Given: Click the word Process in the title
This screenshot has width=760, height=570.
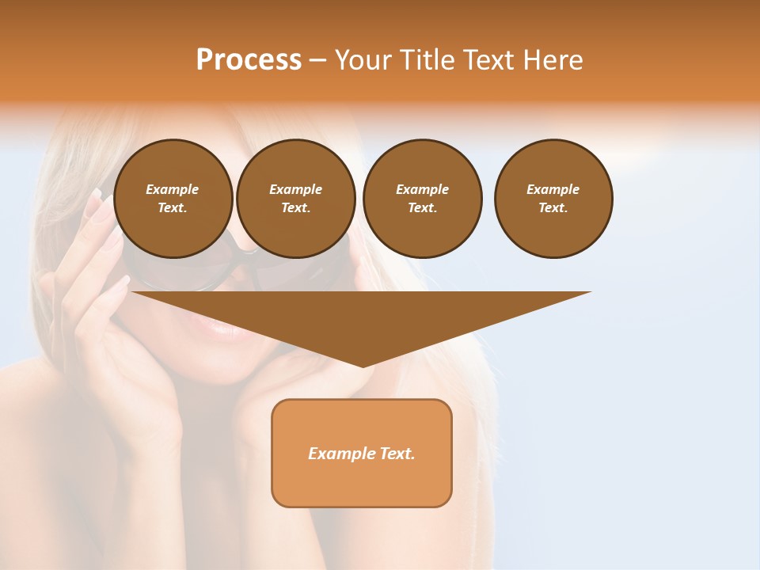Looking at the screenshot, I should pyautogui.click(x=249, y=60).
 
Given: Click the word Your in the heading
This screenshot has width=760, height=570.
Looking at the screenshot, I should pyautogui.click(x=364, y=60).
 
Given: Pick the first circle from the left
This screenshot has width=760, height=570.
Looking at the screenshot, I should pyautogui.click(x=173, y=199).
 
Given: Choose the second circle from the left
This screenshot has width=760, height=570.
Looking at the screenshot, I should pyautogui.click(x=295, y=199).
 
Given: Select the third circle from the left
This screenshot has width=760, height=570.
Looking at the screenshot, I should pyautogui.click(x=422, y=199).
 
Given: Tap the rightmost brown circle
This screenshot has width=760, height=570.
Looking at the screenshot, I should pyautogui.click(x=553, y=199).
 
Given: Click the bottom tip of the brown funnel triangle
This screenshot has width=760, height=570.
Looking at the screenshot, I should pyautogui.click(x=363, y=366).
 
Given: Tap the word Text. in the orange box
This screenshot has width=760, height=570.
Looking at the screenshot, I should pyautogui.click(x=396, y=454).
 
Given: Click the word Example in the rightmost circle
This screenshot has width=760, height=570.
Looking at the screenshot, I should pyautogui.click(x=553, y=189).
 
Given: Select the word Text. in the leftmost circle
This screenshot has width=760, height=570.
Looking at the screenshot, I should pyautogui.click(x=173, y=208).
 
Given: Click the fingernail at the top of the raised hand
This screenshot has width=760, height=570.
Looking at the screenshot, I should pyautogui.click(x=98, y=193).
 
